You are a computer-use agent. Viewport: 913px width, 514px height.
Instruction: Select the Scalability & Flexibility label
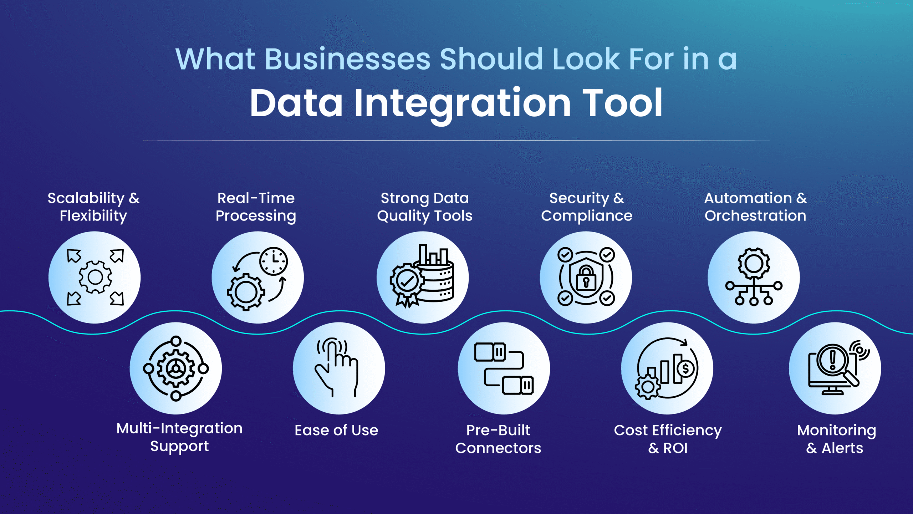click(93, 207)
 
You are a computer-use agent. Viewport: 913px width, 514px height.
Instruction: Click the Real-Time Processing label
click(256, 207)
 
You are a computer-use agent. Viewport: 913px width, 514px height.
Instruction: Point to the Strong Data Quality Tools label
click(424, 207)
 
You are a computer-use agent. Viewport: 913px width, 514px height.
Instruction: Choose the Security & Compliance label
click(586, 207)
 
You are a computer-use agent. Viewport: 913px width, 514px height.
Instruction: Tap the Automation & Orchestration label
click(755, 207)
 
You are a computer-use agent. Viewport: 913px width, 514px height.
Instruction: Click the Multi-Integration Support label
click(179, 437)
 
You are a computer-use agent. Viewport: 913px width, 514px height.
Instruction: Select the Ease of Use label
click(336, 430)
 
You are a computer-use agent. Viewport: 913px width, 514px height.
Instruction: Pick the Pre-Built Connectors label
click(498, 439)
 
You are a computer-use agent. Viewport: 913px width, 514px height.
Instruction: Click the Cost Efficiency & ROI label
click(668, 439)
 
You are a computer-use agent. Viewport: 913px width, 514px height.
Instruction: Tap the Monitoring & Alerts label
click(836, 439)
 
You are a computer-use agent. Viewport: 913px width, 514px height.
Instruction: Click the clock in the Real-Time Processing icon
click(274, 261)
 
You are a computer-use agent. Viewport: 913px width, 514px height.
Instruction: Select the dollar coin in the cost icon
click(685, 369)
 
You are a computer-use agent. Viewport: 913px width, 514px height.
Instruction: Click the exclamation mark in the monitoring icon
click(832, 360)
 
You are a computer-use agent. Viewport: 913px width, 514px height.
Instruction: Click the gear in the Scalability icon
click(95, 277)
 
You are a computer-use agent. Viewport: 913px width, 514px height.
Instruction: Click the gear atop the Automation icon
click(754, 263)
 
